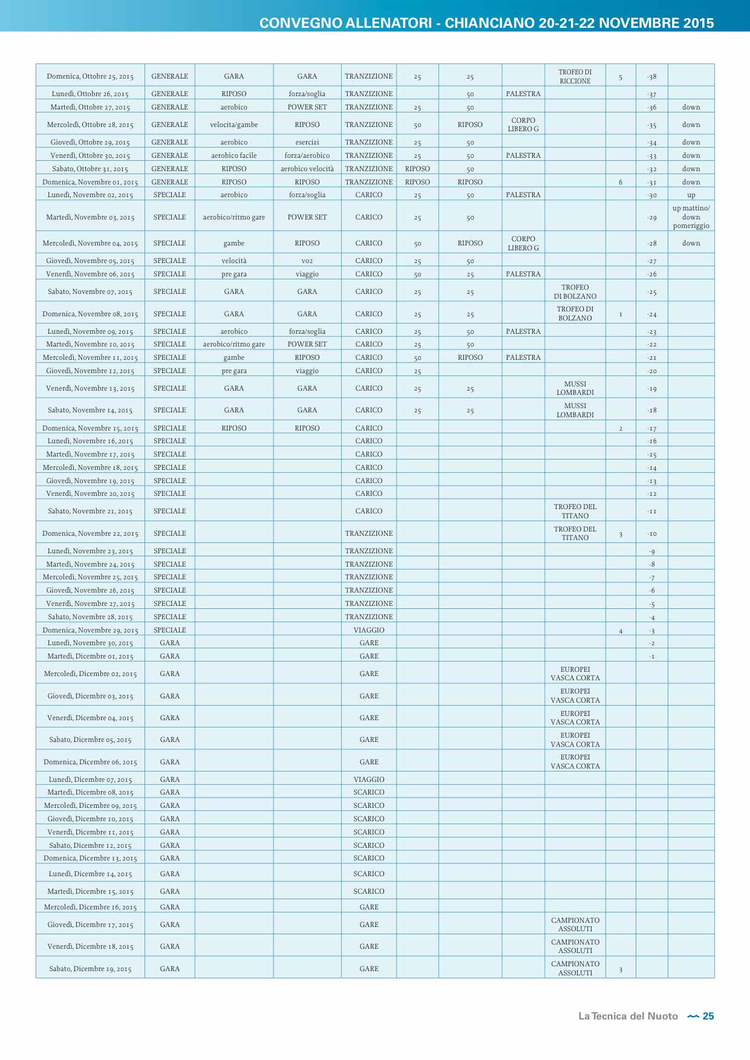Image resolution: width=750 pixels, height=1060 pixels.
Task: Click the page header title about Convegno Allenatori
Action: point(486,23)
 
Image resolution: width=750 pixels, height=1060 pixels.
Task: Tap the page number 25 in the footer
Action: point(708,1016)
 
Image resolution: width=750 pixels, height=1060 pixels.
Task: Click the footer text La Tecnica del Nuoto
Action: point(628,1016)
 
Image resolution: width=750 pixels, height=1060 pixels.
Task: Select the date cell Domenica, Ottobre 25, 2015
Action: point(90,77)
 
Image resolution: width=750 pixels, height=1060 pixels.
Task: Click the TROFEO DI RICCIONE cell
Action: point(575,76)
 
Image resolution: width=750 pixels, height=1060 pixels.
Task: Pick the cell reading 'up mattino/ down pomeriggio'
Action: point(691,217)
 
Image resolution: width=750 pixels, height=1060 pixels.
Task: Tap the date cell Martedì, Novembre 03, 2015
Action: point(90,217)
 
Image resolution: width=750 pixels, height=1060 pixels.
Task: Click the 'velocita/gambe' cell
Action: point(234,125)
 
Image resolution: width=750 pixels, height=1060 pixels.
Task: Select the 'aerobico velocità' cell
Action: point(307,169)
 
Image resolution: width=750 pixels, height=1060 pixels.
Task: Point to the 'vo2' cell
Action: point(307,261)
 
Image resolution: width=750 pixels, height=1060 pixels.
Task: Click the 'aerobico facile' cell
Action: point(234,155)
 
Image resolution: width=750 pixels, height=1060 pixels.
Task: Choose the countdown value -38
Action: point(651,77)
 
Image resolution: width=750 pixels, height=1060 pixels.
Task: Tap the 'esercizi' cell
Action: point(307,142)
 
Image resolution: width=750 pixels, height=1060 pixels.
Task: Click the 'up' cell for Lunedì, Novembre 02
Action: point(691,195)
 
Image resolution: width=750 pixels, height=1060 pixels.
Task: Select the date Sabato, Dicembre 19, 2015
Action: point(90,969)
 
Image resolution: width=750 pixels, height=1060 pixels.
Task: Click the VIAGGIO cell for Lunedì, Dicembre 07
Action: point(369,779)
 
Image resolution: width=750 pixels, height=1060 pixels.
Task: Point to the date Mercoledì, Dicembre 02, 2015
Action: point(90,674)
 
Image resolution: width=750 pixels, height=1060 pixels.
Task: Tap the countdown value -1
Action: point(651,656)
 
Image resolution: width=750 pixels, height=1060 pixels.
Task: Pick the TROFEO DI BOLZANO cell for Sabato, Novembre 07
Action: point(575,291)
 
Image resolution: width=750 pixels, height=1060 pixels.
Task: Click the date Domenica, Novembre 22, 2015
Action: point(90,533)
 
